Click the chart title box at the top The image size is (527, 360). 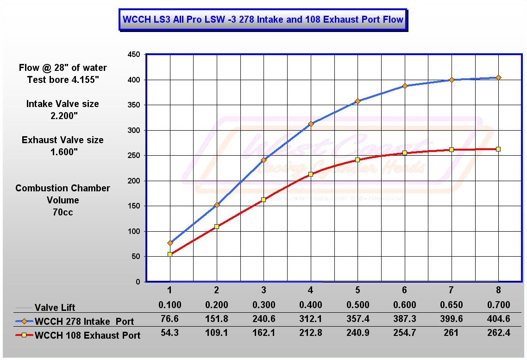point(263,20)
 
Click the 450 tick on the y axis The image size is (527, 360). point(134,55)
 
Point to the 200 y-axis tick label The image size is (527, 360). point(134,181)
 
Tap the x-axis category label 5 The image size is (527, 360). point(358,291)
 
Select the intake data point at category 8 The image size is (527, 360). point(498,77)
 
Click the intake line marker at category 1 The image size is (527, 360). point(170,243)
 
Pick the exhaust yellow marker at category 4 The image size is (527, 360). point(311,174)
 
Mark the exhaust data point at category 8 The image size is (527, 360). point(498,149)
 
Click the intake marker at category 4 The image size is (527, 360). point(311,124)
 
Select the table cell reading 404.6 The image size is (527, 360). point(498,320)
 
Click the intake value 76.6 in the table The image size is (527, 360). point(170,320)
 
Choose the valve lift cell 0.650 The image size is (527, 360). point(452,305)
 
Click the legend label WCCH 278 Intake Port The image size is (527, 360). point(85,321)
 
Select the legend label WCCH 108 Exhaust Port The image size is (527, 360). point(88,335)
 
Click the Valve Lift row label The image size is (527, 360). point(55,308)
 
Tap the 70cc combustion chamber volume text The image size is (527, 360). point(63,212)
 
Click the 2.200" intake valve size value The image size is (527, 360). point(63,116)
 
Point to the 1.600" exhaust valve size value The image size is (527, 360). point(63,152)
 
